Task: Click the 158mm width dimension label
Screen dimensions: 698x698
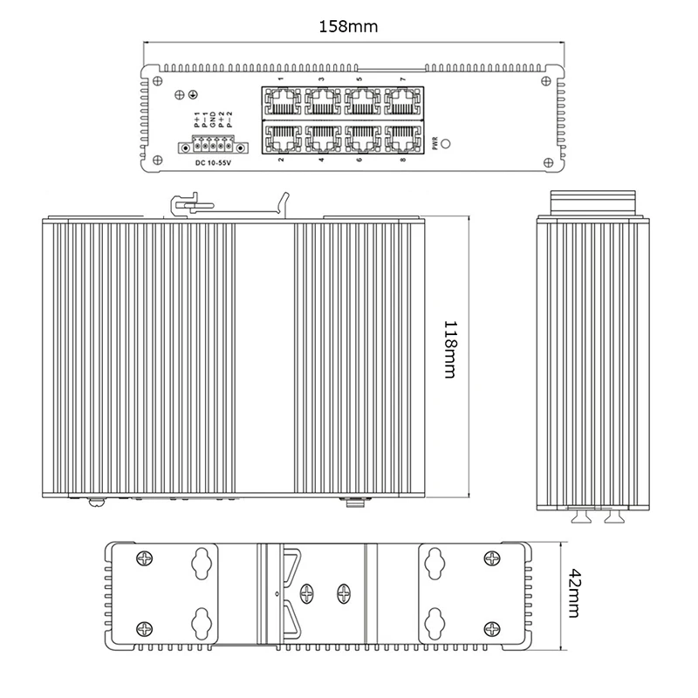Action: (x=348, y=27)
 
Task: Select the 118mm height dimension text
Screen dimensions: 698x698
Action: (x=450, y=350)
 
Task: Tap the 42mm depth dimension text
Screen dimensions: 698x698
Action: (x=575, y=593)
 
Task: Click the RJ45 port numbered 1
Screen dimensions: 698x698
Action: (x=282, y=102)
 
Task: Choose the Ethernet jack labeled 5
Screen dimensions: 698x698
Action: (x=362, y=102)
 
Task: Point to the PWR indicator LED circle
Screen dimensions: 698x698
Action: (x=445, y=144)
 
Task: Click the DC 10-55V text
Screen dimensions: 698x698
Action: (x=213, y=163)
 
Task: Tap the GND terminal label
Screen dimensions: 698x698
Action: (x=213, y=120)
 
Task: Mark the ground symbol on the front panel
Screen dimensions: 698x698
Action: (x=193, y=94)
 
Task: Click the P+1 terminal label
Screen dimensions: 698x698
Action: (x=197, y=120)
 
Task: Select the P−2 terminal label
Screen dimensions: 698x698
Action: (x=229, y=120)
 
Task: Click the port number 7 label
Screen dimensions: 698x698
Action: (x=403, y=79)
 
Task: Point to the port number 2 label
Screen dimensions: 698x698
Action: (x=281, y=160)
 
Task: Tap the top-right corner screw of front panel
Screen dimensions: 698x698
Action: (x=546, y=81)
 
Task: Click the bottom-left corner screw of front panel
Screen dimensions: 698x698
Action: (x=157, y=161)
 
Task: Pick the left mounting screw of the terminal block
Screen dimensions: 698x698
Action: (x=185, y=147)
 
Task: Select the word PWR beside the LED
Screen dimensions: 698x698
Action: (x=435, y=143)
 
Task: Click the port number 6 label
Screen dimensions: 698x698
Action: (x=359, y=160)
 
